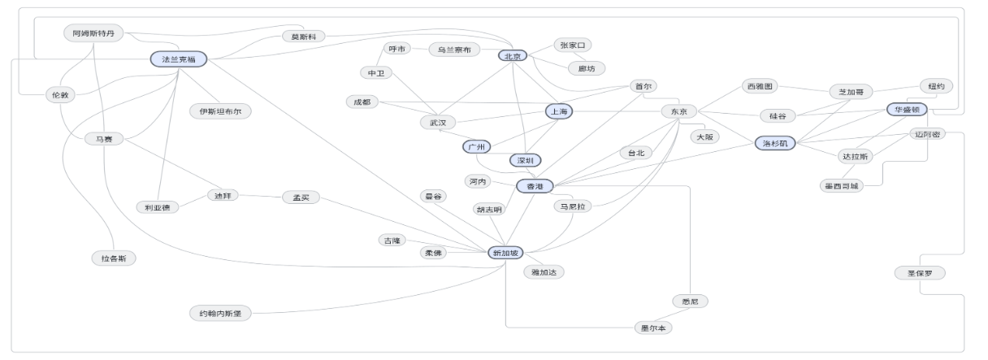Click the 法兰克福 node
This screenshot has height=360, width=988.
coord(179,59)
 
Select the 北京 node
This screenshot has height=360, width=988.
coord(513,56)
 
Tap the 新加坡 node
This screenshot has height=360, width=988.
coord(507,253)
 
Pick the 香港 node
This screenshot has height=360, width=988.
coord(535,186)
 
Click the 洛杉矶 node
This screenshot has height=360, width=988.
coord(776,143)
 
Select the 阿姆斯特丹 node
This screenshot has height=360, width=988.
coord(93,33)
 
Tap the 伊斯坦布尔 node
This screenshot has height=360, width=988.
coord(220,111)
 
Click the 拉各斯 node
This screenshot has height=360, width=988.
coord(114,258)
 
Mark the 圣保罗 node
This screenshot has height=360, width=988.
coord(920,272)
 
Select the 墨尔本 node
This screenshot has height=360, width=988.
coord(653,328)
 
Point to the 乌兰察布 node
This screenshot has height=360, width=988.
coord(454,50)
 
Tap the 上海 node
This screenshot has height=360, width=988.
coord(560,111)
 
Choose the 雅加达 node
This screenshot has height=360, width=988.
coord(543,272)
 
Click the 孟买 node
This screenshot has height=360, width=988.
coord(301,197)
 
